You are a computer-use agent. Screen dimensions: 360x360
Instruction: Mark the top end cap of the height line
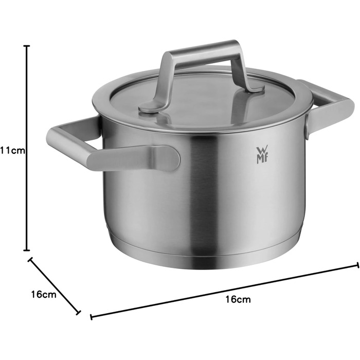click(27, 46)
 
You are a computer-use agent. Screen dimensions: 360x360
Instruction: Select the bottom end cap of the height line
click(27, 250)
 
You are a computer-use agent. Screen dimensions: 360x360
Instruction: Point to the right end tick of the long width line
click(357, 265)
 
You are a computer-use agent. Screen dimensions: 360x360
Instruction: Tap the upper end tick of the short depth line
click(30, 259)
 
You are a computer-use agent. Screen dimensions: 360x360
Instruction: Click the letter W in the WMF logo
click(259, 150)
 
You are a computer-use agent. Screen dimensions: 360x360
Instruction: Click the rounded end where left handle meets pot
click(170, 158)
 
